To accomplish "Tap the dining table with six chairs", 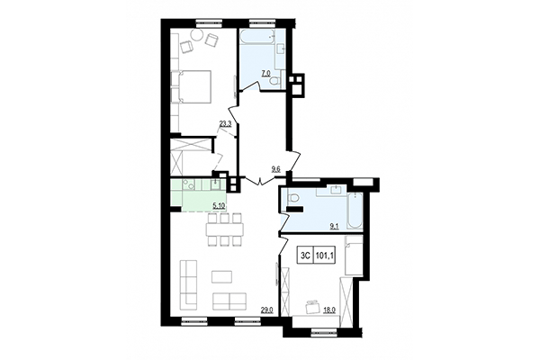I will (x=223, y=230).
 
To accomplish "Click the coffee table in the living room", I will (x=220, y=275).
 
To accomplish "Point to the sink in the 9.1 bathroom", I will (x=333, y=193).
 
